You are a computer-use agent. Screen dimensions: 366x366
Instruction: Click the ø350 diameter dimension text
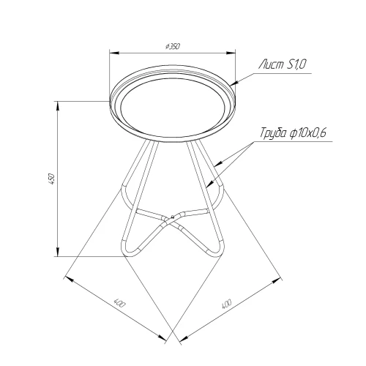tap(173, 46)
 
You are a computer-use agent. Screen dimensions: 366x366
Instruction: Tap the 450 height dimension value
tap(53, 179)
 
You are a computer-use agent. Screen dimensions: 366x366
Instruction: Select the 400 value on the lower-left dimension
tap(119, 303)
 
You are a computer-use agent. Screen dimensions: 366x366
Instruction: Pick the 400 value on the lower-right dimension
tap(226, 304)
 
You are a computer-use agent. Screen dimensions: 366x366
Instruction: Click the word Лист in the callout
tap(271, 65)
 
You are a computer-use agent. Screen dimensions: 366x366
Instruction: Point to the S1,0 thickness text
tap(296, 64)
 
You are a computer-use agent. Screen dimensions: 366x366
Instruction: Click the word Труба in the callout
tap(273, 134)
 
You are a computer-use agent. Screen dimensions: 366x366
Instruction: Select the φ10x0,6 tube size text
tap(308, 133)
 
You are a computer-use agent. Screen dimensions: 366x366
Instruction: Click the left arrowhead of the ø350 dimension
tap(114, 53)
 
